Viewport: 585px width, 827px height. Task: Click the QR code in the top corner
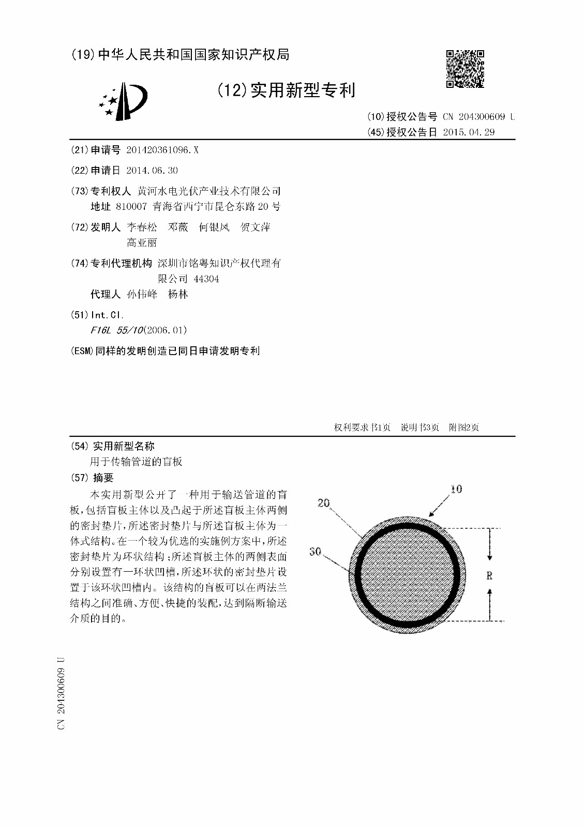pyautogui.click(x=466, y=69)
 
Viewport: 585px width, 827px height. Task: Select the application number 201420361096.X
pyautogui.click(x=162, y=150)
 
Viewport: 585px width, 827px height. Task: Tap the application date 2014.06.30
pyautogui.click(x=152, y=171)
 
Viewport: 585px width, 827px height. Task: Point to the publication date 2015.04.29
pyautogui.click(x=469, y=132)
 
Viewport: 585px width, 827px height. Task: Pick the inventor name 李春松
pyautogui.click(x=142, y=227)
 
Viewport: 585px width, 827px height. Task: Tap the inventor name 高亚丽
pyautogui.click(x=142, y=243)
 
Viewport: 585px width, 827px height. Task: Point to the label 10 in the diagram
pyautogui.click(x=456, y=489)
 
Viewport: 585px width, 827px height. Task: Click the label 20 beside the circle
pyautogui.click(x=324, y=503)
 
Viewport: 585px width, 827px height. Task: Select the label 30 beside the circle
pyautogui.click(x=315, y=552)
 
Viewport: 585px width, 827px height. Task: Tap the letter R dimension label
pyautogui.click(x=489, y=575)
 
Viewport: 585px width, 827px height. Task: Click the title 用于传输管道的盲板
pyautogui.click(x=137, y=462)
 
